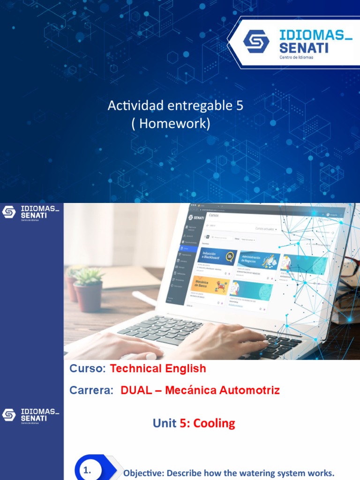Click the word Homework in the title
coord(175,124)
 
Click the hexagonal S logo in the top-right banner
coord(256,41)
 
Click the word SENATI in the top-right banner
coord(304,47)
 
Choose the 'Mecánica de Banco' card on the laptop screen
coord(210,286)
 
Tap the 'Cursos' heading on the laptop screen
coord(214,215)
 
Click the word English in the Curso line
coord(184,368)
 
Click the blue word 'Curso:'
coord(88,368)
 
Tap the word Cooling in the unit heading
coord(214,423)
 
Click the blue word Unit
coord(165,423)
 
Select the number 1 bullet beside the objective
coord(86,470)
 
